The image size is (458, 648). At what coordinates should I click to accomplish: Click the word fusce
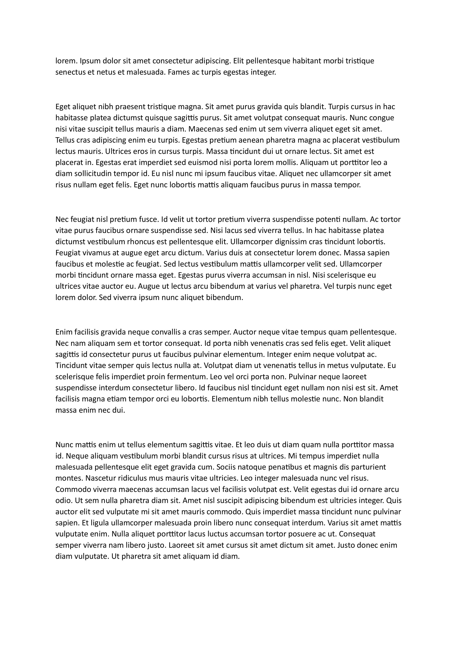[x=148, y=219]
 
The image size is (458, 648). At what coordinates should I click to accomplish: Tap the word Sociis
[x=227, y=467]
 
